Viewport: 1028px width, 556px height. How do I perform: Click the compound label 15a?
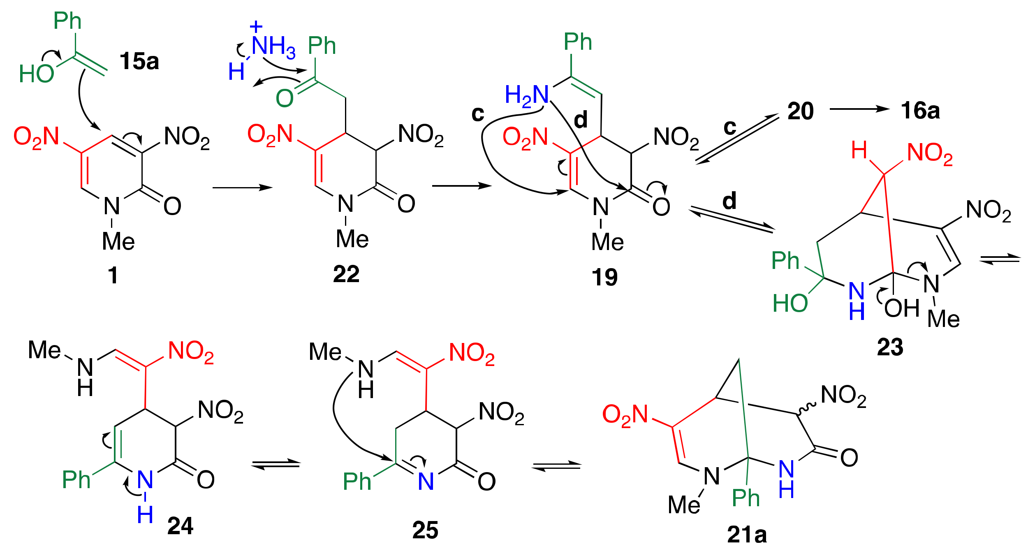[x=139, y=62]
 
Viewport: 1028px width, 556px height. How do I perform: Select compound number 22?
[x=346, y=274]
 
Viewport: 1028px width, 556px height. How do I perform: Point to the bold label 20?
[x=801, y=111]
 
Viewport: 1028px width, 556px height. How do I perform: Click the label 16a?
[x=920, y=111]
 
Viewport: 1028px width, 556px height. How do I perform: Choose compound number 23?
[x=890, y=347]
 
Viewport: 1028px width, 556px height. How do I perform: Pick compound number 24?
[x=180, y=526]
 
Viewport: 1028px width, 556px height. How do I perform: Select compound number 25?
[x=425, y=530]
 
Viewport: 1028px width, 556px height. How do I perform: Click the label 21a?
[x=747, y=535]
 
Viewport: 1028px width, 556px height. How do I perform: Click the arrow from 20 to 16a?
[x=859, y=109]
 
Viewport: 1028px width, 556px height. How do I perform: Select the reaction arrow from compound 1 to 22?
[x=242, y=188]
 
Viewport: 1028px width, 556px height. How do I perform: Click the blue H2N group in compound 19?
[x=527, y=95]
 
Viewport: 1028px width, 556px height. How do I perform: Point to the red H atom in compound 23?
[x=859, y=150]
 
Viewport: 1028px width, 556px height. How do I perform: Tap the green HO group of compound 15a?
[x=36, y=74]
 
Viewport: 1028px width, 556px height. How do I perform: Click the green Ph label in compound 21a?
[x=746, y=498]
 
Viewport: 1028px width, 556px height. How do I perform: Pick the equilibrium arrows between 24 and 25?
[x=276, y=464]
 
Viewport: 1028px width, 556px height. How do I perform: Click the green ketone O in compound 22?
[x=285, y=98]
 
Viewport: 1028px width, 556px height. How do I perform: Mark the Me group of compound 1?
[x=118, y=241]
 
